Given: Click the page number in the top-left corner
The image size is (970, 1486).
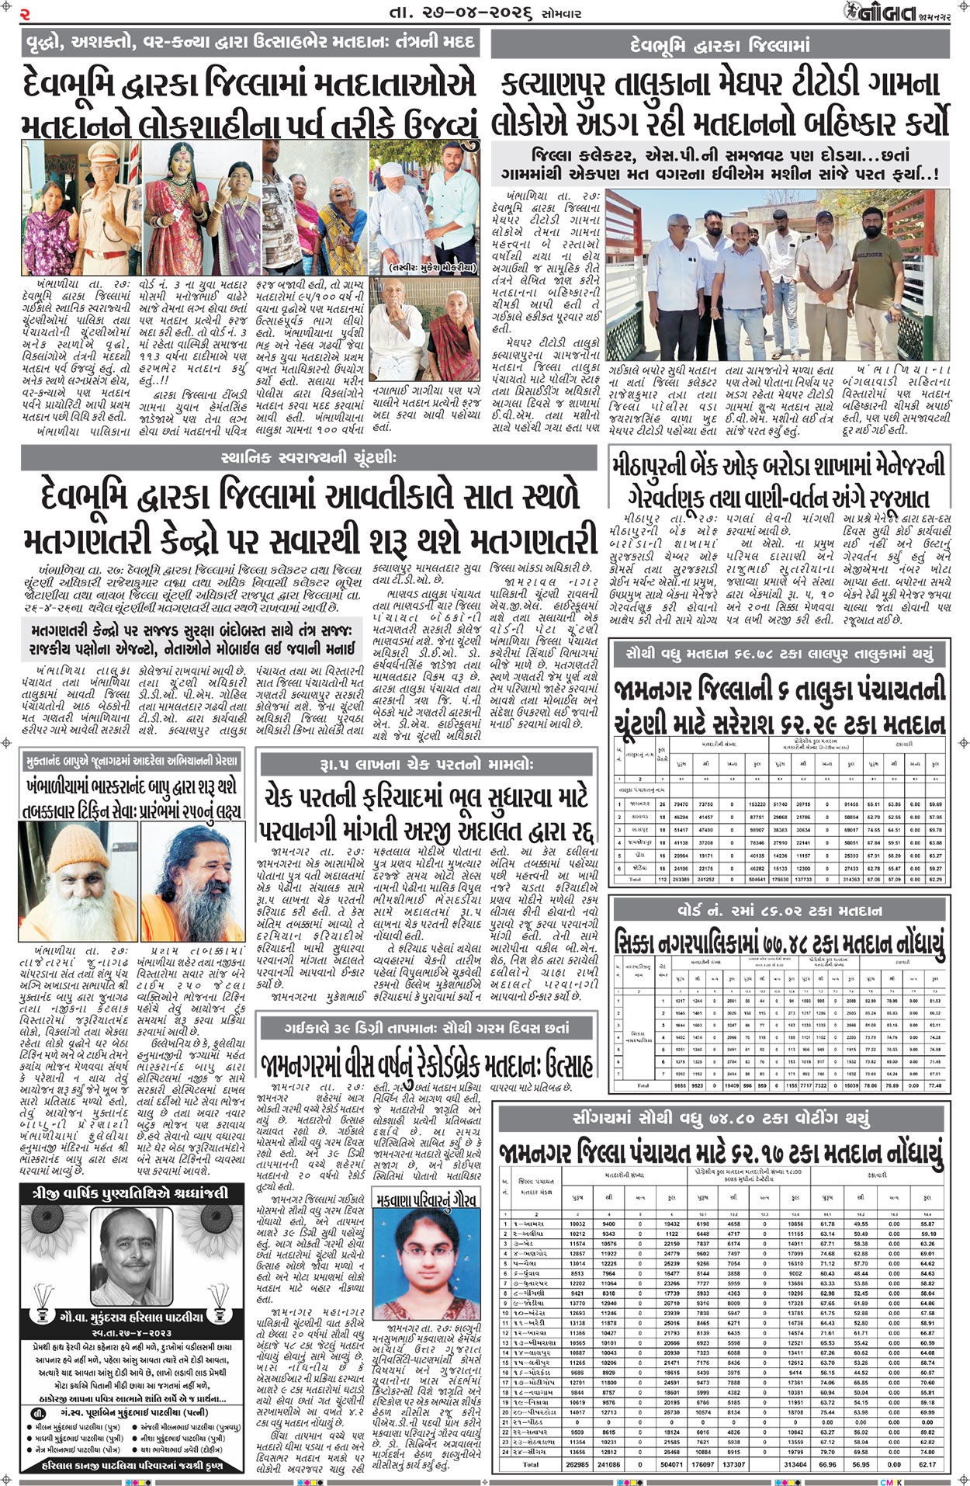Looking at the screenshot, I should coord(25,14).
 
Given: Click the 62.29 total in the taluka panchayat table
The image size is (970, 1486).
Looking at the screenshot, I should coord(936,880).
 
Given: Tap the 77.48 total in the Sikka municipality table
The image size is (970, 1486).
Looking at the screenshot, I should coord(934,1085).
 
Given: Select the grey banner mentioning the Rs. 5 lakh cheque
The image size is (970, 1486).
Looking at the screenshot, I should coord(427,764).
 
